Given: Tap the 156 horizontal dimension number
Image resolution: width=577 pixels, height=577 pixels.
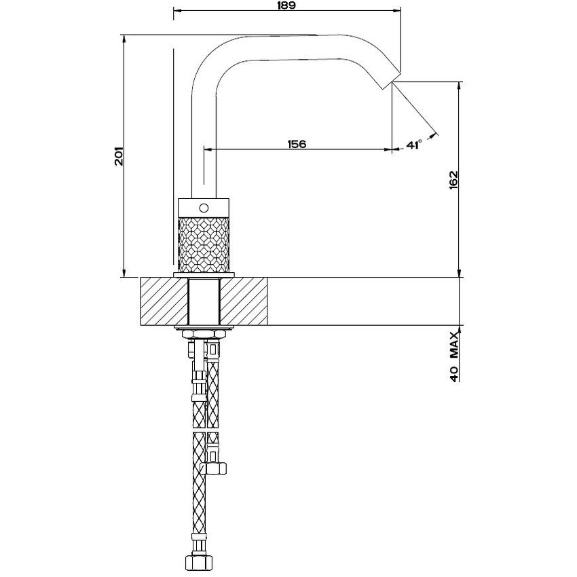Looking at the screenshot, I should (x=297, y=144).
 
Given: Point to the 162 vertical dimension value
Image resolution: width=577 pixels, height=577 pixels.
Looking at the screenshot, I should (x=454, y=181).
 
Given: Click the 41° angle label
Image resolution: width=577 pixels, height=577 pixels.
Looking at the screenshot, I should (x=414, y=144).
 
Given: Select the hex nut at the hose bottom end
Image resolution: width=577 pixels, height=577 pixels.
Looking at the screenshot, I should (x=198, y=562).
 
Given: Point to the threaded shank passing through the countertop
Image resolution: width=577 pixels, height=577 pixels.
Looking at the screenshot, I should (x=204, y=302).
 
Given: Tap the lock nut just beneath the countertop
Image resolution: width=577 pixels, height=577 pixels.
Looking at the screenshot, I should (x=204, y=333).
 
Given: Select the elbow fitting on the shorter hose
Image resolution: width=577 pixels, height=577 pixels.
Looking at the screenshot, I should (x=217, y=466).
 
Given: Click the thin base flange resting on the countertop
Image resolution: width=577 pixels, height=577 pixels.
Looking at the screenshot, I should (x=204, y=274).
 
